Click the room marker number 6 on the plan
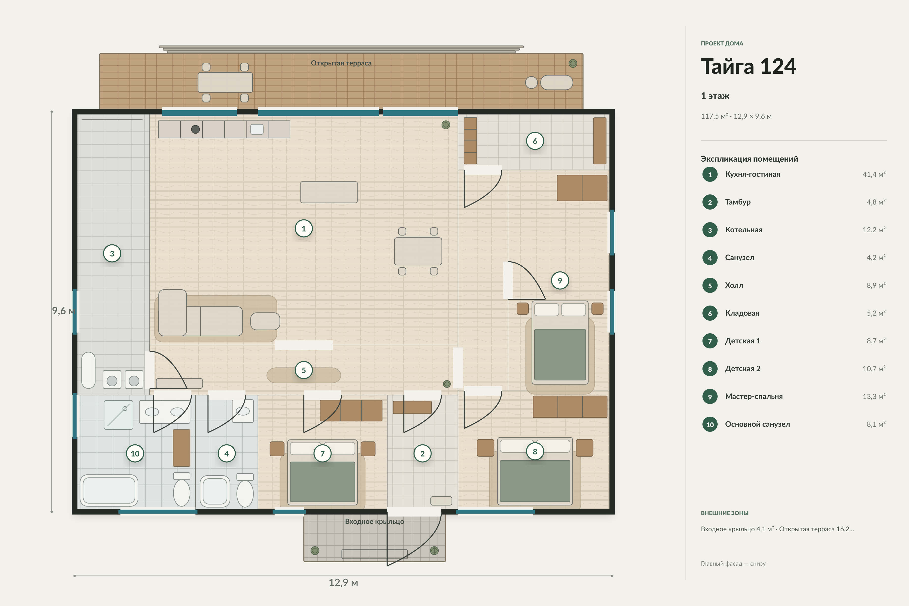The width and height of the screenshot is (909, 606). pos(535,141)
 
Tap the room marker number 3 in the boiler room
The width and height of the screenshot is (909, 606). pos(112,254)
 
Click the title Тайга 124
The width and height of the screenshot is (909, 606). pos(748,66)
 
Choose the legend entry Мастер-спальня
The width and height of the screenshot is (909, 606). pos(754,396)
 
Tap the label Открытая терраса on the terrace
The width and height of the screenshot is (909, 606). pos(341,63)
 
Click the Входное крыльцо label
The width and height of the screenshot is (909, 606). pos(374,521)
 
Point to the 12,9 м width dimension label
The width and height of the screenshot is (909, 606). pos(343,583)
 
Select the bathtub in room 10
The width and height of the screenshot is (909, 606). pos(109,490)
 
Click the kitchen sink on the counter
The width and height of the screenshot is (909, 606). pos(257,129)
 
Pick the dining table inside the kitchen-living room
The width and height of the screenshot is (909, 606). pos(418,251)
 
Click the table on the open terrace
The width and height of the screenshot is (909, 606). pos(225,82)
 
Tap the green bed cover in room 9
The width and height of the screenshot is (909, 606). pos(560,355)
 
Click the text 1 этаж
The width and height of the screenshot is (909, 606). pos(715,96)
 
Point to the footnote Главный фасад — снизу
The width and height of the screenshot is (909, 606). pos(733,564)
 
